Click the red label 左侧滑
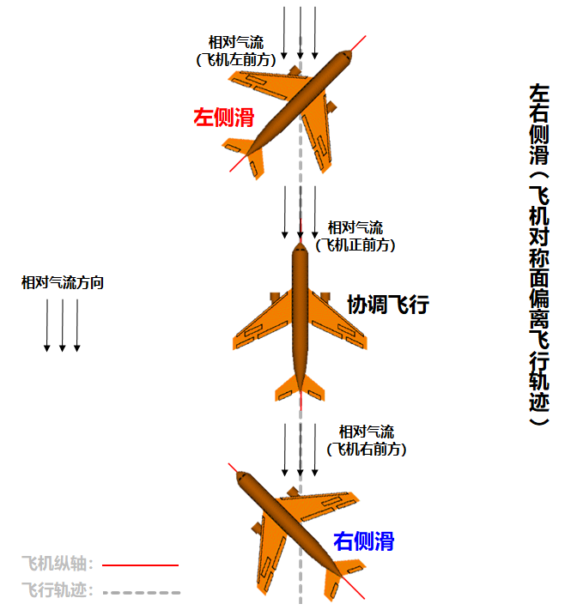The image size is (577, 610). (x=223, y=118)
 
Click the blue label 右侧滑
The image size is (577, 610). (x=364, y=541)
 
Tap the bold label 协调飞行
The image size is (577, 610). (x=387, y=305)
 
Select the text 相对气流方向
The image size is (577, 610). (x=63, y=282)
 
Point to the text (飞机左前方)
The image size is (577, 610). (x=236, y=59)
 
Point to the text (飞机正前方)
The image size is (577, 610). (x=355, y=245)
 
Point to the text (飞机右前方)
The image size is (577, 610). (x=367, y=449)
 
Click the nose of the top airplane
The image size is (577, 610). (x=346, y=57)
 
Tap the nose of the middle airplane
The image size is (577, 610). (x=300, y=249)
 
